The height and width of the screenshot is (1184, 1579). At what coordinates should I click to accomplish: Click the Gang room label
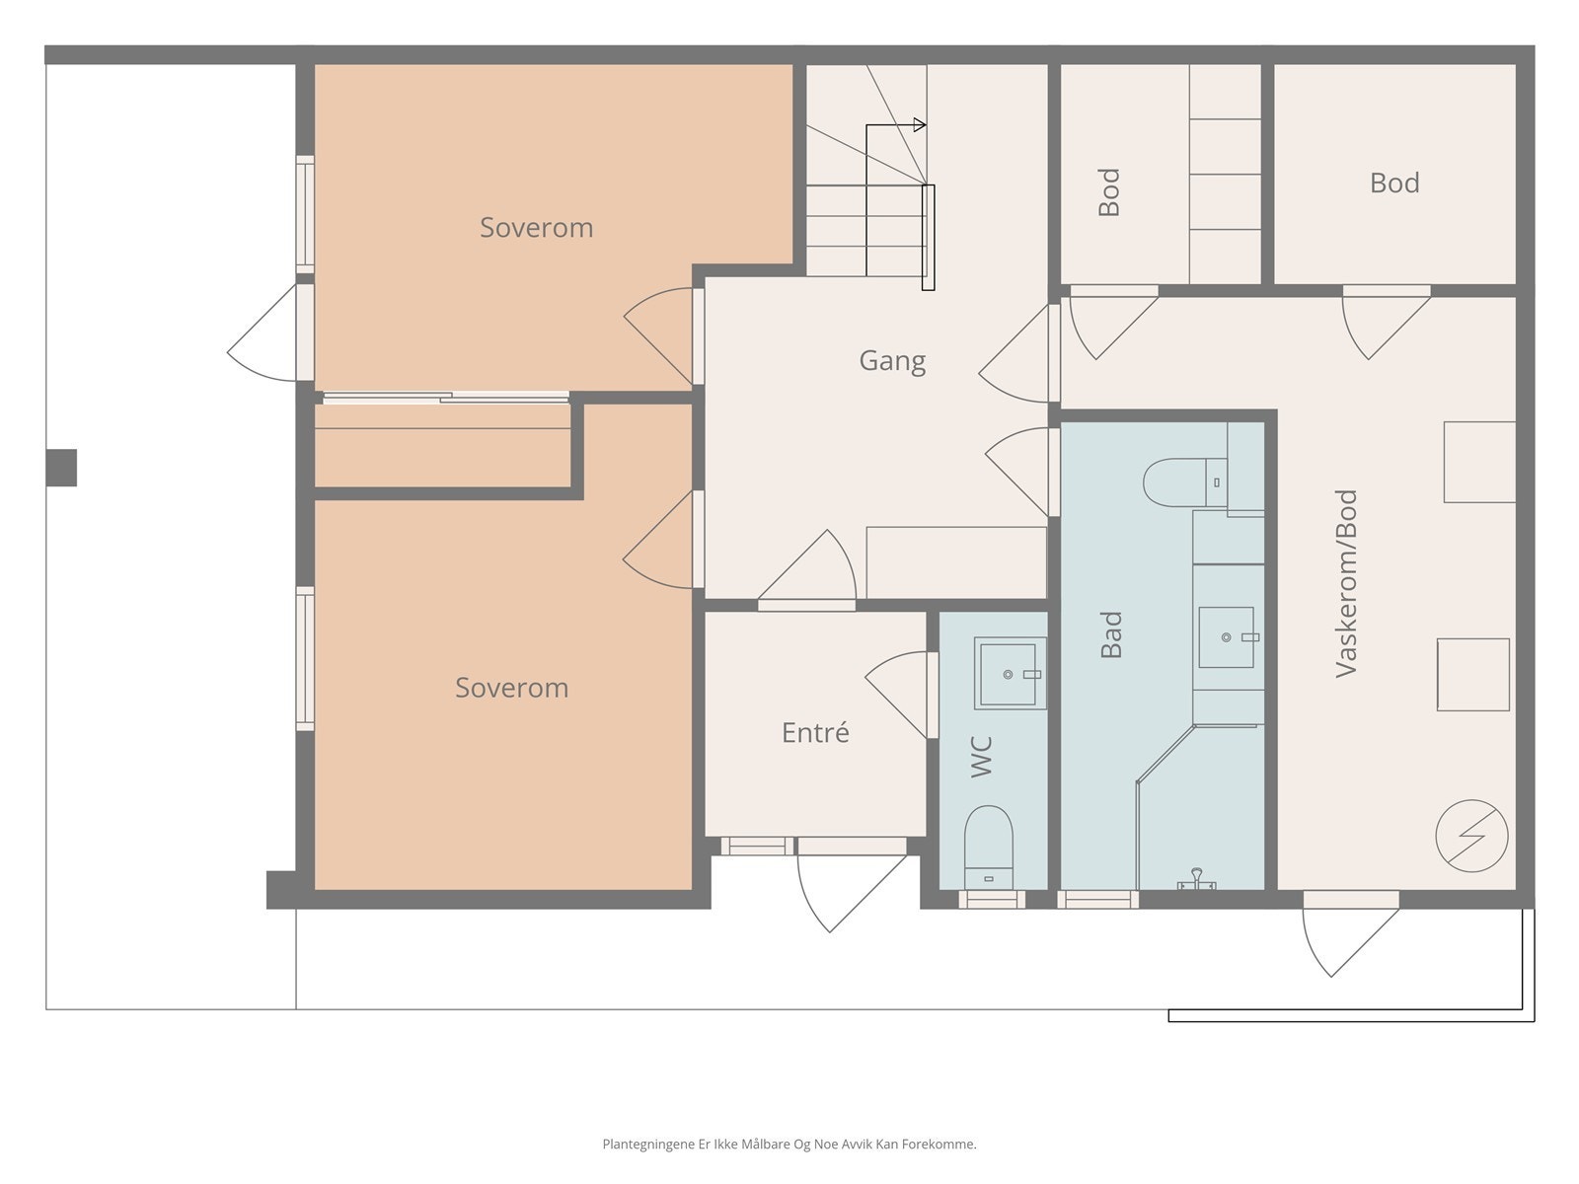[892, 361]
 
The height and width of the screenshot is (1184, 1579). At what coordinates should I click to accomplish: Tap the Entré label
[815, 732]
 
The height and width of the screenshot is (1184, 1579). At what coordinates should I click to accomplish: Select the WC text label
[981, 756]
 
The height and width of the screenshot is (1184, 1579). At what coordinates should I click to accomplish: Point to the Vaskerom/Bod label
[1345, 583]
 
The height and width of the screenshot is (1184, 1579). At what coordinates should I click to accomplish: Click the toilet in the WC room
[989, 847]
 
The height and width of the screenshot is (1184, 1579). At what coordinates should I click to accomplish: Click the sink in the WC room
[1010, 673]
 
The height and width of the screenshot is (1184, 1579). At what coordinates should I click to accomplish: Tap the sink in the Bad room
[1226, 637]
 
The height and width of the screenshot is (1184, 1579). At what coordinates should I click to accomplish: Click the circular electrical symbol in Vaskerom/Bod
[1471, 836]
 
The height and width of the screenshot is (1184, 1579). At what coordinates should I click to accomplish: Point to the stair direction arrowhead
[920, 125]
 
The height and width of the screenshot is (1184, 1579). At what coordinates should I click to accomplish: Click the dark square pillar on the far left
[61, 468]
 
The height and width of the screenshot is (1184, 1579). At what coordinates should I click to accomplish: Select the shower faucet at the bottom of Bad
[1196, 879]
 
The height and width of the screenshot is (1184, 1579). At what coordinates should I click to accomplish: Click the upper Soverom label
[537, 228]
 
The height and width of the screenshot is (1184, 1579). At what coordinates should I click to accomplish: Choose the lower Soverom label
[511, 688]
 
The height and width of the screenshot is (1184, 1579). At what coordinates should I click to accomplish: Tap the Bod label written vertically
[1109, 192]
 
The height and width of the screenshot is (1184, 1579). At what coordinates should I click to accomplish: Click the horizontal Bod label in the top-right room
[1394, 183]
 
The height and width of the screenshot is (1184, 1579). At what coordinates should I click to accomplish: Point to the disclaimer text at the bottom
[789, 1144]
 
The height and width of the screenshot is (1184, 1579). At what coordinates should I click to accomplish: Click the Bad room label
[1111, 634]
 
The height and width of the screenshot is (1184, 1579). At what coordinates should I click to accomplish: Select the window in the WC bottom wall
[992, 899]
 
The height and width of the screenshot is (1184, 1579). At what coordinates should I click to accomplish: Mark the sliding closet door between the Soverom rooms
[446, 397]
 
